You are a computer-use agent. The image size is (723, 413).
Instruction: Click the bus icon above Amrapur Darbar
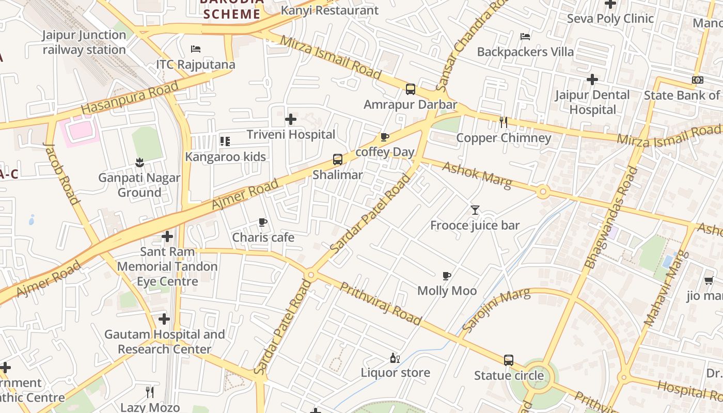[411, 89]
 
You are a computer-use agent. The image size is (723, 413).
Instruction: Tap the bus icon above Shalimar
[337, 159]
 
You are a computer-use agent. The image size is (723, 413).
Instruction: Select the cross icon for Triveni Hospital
[291, 119]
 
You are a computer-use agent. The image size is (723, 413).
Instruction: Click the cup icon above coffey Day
[384, 137]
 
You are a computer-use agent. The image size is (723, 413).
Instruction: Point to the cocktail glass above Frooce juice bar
[475, 210]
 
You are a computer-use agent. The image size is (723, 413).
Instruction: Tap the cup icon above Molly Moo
[447, 276]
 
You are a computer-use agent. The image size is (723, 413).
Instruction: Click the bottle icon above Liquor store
[395, 357]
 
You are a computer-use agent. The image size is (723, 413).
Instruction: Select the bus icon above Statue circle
[509, 360]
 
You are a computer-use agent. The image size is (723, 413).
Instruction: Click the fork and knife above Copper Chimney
[504, 122]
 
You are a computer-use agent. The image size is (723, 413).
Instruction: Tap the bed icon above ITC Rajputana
[196, 49]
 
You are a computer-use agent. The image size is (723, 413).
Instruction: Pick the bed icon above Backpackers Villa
[525, 37]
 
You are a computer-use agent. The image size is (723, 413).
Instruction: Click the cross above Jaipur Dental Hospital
[592, 80]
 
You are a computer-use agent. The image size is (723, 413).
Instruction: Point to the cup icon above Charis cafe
[263, 223]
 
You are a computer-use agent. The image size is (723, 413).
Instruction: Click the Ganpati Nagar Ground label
[139, 185]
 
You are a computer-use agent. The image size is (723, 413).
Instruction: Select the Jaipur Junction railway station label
[84, 42]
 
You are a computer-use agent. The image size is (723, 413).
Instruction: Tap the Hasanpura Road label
[130, 98]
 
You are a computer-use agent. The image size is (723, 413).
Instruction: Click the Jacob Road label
[61, 173]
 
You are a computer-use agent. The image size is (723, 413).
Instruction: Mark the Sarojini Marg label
[496, 310]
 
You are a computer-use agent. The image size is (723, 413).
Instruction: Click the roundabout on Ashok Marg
[542, 193]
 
